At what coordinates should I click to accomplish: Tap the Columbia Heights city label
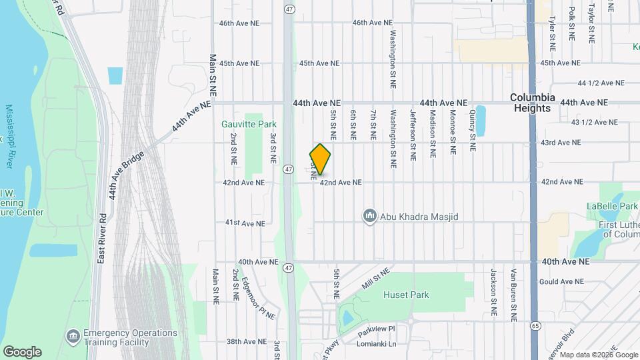[533, 103]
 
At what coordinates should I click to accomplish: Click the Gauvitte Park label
[249, 124]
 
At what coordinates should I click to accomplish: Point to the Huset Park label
[406, 295]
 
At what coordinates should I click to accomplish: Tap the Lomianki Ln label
[377, 345]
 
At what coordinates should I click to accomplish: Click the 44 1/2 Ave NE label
[601, 83]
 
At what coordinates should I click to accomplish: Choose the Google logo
[22, 352]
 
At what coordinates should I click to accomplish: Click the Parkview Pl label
[377, 329]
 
